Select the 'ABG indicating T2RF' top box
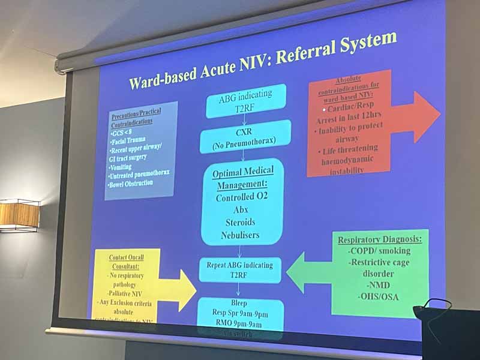pos(245,100)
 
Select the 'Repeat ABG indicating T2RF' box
pos(240,269)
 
